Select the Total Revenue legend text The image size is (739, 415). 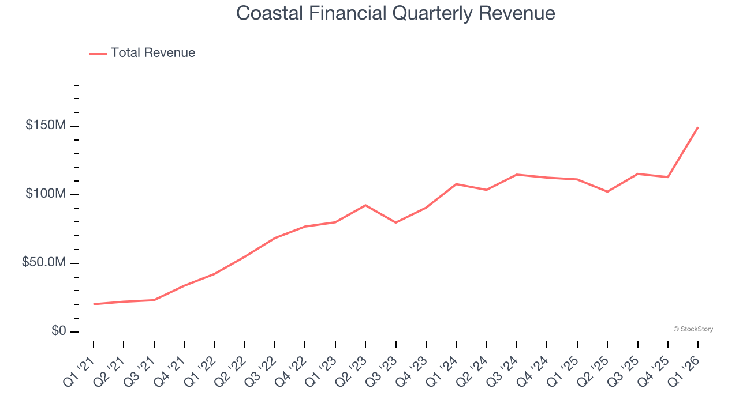point(153,53)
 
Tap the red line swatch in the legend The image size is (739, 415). point(98,54)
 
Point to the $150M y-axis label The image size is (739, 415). point(45,126)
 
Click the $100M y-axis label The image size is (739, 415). point(45,194)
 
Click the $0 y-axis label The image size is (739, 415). point(58,331)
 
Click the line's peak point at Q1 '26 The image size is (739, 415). point(698,127)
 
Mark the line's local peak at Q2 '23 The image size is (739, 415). point(365,205)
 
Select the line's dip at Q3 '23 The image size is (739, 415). point(395,222)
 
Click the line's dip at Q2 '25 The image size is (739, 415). point(607,191)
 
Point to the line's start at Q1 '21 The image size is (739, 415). point(94,304)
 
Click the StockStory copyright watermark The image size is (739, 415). point(693,329)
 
